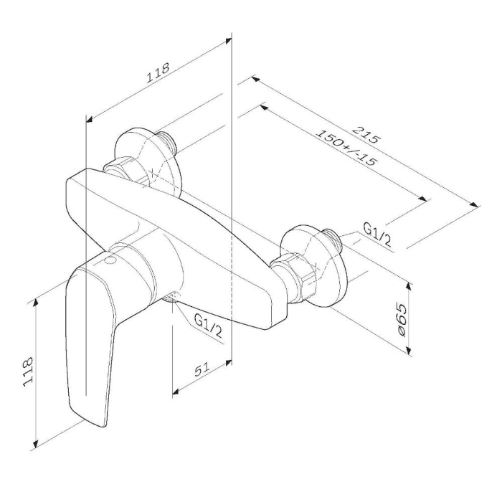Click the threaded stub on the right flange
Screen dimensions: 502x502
pyautogui.click(x=332, y=241)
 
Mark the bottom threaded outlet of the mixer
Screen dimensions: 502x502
pyautogui.click(x=171, y=298)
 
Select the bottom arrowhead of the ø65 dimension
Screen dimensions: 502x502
pyautogui.click(x=409, y=351)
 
